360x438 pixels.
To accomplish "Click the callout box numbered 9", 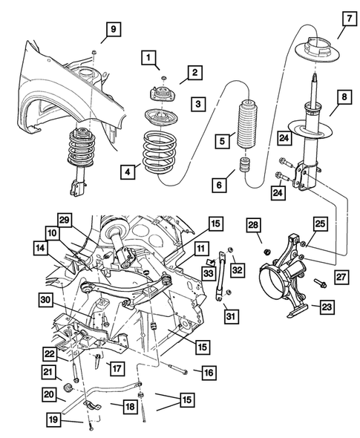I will pos(114,29).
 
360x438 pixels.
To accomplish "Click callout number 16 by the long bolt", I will pos(207,370).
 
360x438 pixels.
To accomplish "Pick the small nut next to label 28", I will pos(265,251).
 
